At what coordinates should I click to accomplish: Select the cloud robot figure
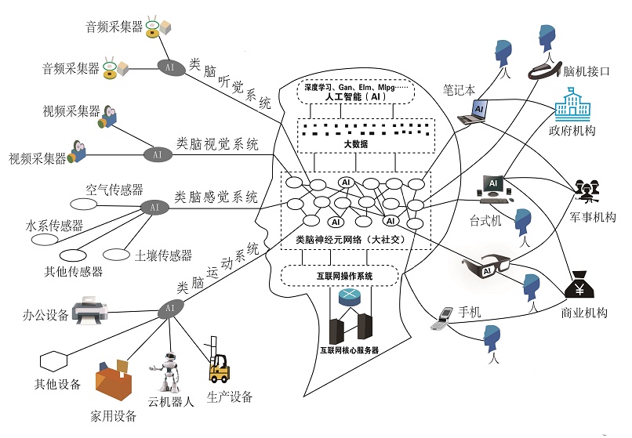click(166, 371)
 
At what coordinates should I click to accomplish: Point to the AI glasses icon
click(487, 269)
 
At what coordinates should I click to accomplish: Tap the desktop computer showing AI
click(493, 187)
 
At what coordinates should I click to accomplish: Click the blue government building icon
click(573, 104)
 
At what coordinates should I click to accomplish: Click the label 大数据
click(355, 145)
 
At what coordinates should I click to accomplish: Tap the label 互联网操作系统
click(339, 276)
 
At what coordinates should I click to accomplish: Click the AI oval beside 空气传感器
click(154, 207)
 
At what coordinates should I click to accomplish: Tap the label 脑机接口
click(587, 71)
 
